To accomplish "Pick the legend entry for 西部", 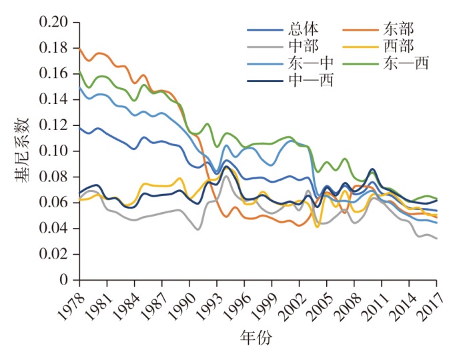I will coord(398,47).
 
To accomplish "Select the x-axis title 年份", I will coord(256,337).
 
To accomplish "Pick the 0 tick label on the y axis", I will coord(66,280).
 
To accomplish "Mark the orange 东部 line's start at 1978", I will coord(79,49).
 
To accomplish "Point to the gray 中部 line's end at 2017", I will coord(437,239).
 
